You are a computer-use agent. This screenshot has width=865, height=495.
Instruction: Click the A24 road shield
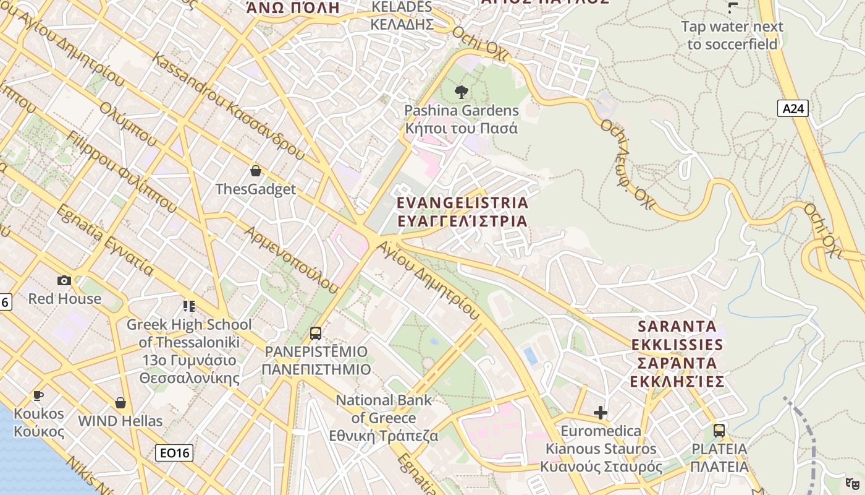793,109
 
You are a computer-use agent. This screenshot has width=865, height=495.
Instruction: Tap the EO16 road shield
174,453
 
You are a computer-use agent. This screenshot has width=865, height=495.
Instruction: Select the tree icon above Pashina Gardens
461,93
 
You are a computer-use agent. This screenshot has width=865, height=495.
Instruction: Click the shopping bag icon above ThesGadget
256,171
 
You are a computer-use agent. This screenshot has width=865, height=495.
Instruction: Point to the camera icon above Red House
64,280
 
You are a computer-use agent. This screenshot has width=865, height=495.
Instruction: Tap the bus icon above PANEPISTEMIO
316,334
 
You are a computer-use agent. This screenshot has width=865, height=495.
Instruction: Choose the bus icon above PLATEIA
719,430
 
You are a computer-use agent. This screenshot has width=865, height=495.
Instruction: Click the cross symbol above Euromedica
601,413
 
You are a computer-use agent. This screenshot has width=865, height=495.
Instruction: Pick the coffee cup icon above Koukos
38,395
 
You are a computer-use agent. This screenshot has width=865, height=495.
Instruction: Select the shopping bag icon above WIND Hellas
120,403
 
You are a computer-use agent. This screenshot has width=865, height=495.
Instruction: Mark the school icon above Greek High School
189,306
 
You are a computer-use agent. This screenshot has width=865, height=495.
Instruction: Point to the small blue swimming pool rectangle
530,355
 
